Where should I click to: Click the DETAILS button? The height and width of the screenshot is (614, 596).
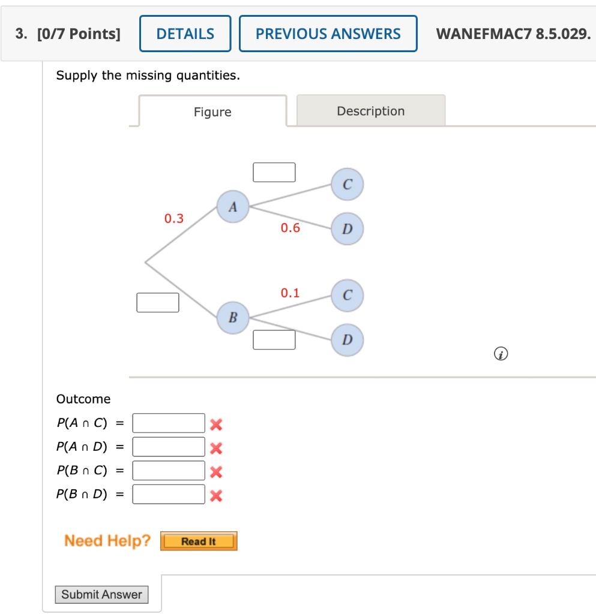[185, 34]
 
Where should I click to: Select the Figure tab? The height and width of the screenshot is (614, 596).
[212, 112]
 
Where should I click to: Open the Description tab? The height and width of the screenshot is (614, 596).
[370, 111]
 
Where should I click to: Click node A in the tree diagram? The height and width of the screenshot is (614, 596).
[233, 207]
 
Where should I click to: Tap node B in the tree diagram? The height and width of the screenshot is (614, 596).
[233, 316]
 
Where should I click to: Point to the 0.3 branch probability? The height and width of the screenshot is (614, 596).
[174, 218]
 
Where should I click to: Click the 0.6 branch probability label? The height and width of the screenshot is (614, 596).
[290, 228]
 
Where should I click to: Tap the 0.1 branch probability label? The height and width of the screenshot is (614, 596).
[290, 293]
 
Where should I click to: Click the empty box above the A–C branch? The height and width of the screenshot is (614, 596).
[274, 172]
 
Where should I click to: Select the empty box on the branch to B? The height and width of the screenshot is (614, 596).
[158, 303]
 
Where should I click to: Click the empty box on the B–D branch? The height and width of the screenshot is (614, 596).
[274, 340]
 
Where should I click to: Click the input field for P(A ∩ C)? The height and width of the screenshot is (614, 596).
[169, 423]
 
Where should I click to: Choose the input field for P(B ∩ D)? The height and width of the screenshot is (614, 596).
[169, 495]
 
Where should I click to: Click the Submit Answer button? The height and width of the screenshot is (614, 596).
[102, 595]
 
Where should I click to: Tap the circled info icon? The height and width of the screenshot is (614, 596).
[498, 355]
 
